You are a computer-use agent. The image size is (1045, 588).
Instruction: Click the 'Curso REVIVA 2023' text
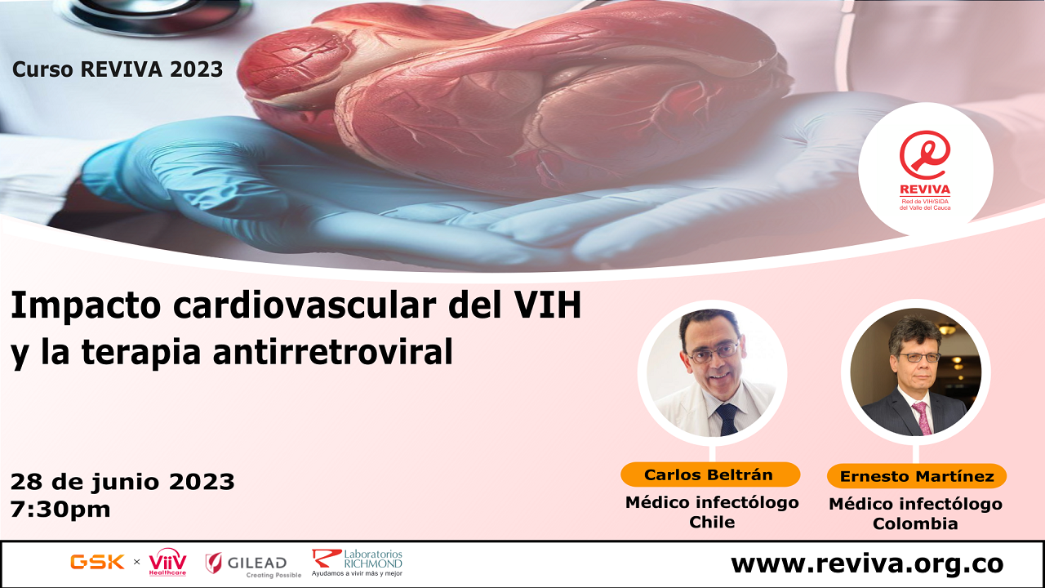tap(118, 69)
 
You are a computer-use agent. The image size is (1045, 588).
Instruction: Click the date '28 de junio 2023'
tap(122, 482)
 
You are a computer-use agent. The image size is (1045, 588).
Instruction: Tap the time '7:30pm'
tap(60, 510)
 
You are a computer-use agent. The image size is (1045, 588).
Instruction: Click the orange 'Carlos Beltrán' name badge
tap(709, 474)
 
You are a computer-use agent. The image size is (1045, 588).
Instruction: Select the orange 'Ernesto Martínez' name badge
tap(916, 476)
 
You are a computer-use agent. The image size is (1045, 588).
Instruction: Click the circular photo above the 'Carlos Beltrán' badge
tap(712, 372)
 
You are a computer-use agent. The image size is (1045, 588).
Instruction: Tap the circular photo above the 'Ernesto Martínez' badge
tap(916, 372)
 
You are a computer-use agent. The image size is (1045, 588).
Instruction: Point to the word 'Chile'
tap(712, 523)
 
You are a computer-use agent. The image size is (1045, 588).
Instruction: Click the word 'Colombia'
tap(915, 524)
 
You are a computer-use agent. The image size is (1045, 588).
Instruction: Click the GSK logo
tap(97, 562)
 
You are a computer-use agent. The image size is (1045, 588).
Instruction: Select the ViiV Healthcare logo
tap(167, 562)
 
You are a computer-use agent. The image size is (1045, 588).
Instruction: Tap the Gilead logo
tap(247, 563)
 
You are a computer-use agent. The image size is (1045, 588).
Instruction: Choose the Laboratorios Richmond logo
tap(357, 563)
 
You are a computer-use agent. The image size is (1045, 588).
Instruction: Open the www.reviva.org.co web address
tap(866, 563)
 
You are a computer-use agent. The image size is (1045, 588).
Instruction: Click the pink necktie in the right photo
tap(923, 417)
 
